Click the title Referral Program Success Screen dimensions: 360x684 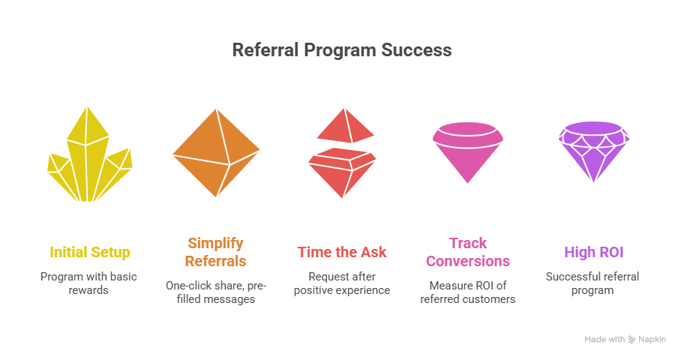342,50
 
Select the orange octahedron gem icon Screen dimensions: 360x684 216,152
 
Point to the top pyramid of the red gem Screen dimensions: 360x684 345,127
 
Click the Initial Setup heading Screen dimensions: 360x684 90,252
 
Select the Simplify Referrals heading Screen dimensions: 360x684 216,252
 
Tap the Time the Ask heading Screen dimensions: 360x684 342,252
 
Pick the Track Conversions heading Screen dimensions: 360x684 468,252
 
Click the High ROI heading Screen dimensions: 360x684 594,252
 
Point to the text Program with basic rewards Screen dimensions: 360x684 90,283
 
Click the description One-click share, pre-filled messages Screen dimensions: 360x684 216,292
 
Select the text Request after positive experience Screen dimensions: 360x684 342,283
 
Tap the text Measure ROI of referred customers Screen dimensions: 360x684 468,292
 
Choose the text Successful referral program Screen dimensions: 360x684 594,283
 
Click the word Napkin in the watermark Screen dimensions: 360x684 652,339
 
